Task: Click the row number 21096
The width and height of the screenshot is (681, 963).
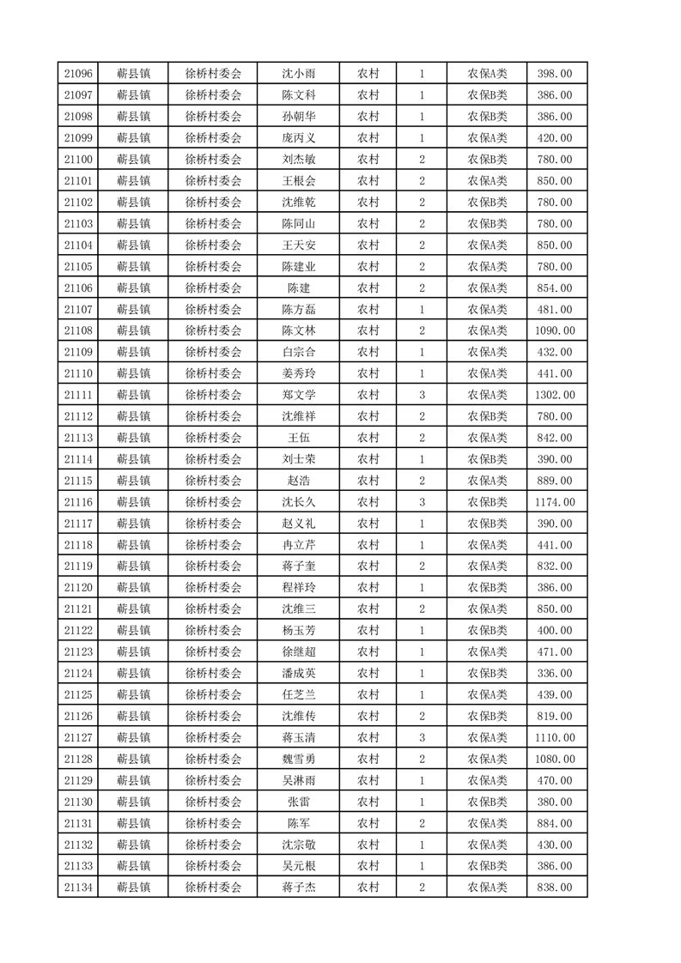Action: point(78,73)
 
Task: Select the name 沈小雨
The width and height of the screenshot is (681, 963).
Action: point(299,73)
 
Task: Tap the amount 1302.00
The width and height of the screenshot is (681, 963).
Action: point(555,395)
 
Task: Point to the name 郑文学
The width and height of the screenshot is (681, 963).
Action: point(299,395)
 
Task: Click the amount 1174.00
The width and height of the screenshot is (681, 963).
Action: point(555,502)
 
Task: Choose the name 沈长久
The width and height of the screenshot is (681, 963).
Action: point(299,502)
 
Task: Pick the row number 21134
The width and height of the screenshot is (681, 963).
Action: point(78,887)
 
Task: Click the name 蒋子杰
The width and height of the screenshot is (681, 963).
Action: point(299,887)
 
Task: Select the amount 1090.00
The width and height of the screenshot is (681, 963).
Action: point(555,330)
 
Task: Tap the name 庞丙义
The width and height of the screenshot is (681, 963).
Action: point(299,137)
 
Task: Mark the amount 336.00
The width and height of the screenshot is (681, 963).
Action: point(555,673)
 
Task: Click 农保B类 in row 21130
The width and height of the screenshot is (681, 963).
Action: point(487,802)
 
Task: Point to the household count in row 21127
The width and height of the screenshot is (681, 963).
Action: point(422,737)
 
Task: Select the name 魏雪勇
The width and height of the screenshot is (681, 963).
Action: point(299,759)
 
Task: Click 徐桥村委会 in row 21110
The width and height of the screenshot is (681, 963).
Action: point(214,373)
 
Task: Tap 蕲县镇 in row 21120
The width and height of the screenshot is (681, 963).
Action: point(134,587)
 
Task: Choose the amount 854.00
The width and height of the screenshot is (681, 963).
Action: point(555,288)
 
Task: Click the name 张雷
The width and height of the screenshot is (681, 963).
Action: point(299,802)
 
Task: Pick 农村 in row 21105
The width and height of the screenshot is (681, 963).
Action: point(368,266)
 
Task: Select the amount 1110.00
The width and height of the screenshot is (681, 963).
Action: point(555,737)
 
